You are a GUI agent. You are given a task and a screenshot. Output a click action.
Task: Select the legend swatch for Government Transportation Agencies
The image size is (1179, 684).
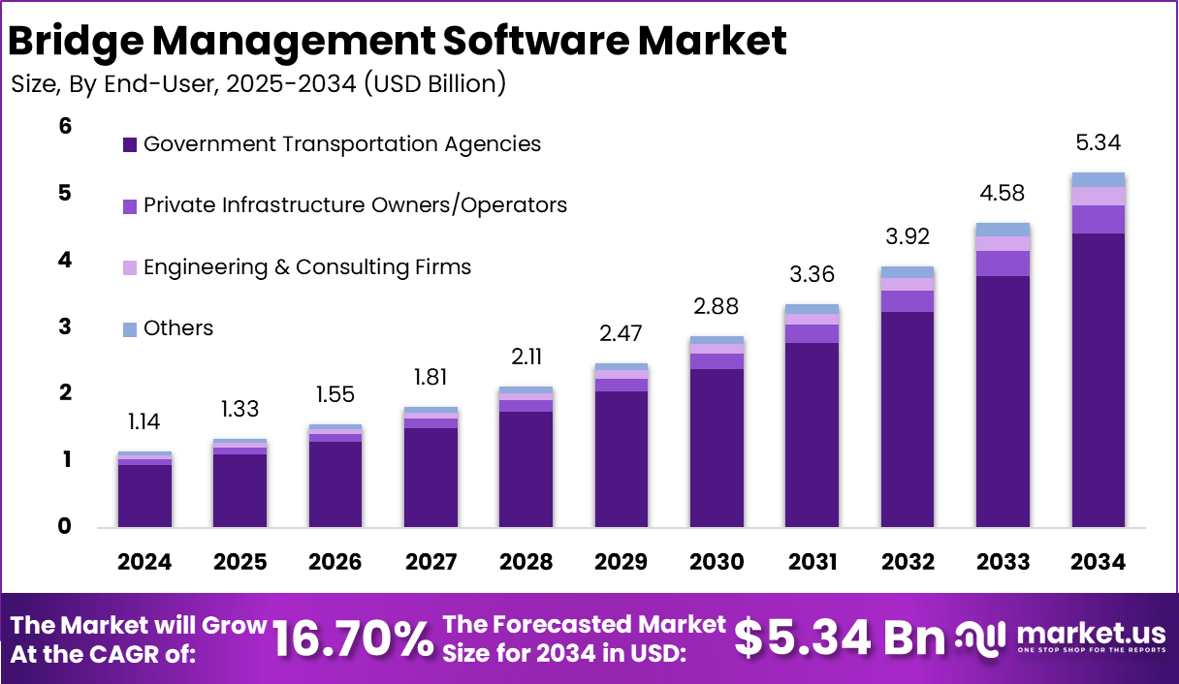tap(130, 145)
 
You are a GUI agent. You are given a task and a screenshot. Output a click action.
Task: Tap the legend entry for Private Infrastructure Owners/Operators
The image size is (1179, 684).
tap(355, 205)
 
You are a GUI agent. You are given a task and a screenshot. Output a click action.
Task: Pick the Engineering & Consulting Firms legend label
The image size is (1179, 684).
tap(306, 266)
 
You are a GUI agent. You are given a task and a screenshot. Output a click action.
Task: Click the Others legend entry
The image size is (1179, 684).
tap(177, 328)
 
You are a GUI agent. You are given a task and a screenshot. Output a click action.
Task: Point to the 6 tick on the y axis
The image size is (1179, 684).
tap(66, 126)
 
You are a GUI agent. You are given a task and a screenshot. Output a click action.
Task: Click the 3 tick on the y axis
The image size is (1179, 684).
tap(66, 326)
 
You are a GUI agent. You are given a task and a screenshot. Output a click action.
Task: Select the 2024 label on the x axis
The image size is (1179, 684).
tap(144, 563)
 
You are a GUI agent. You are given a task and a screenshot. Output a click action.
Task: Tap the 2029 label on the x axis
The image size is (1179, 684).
tap(621, 563)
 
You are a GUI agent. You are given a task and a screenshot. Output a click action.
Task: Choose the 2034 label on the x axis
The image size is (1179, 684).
tap(1099, 563)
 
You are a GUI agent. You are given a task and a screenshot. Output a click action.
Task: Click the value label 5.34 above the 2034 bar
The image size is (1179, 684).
tap(1099, 143)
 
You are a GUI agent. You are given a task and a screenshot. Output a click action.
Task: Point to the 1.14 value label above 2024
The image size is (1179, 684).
tap(144, 422)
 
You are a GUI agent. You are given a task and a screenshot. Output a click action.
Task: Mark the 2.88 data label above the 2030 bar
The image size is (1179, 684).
tap(717, 307)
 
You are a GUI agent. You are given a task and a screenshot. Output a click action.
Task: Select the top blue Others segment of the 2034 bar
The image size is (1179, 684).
tap(1099, 179)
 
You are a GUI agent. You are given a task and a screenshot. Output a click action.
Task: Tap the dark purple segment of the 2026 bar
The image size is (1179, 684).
tap(335, 483)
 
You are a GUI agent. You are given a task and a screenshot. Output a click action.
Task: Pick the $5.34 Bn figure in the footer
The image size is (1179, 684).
tap(839, 637)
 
